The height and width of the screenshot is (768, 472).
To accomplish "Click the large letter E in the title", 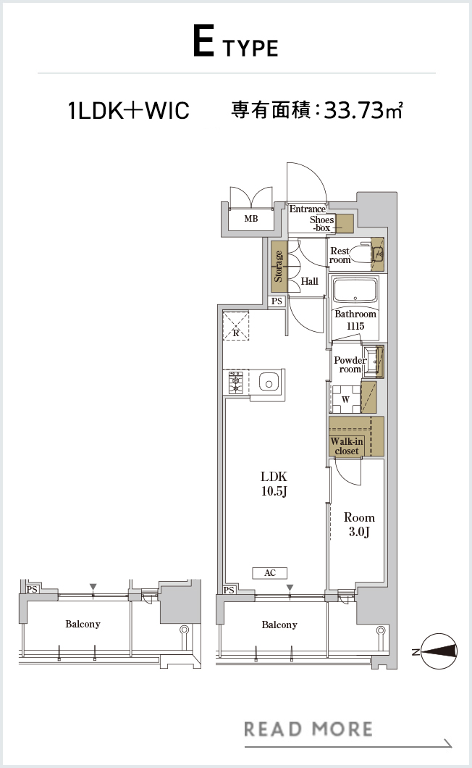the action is (203, 41).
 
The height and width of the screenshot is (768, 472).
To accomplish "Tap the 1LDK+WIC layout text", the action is (129, 109).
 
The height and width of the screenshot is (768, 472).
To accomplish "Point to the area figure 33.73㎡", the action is (363, 109).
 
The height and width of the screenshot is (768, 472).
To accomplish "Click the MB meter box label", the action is (251, 219).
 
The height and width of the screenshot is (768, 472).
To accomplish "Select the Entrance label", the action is (307, 209).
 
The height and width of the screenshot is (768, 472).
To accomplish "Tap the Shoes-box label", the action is (321, 223).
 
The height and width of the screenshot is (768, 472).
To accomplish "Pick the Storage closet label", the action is (278, 267).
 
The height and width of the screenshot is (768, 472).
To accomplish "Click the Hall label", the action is (309, 281).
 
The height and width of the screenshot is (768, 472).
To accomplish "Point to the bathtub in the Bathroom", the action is (355, 291).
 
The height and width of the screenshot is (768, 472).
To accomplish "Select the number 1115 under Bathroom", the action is (355, 326).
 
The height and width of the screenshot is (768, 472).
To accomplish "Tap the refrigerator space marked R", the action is (236, 326).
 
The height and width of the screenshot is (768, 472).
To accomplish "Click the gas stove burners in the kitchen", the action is (235, 383).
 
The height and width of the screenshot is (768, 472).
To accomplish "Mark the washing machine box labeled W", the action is (346, 399).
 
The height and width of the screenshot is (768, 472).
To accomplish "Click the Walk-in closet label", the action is (347, 446).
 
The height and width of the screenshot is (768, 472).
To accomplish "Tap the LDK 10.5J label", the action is (274, 483).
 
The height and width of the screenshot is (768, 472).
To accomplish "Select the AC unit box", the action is (270, 572).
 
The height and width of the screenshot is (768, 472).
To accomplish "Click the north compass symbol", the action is (439, 651).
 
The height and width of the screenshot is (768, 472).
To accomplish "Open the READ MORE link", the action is (308, 729).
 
